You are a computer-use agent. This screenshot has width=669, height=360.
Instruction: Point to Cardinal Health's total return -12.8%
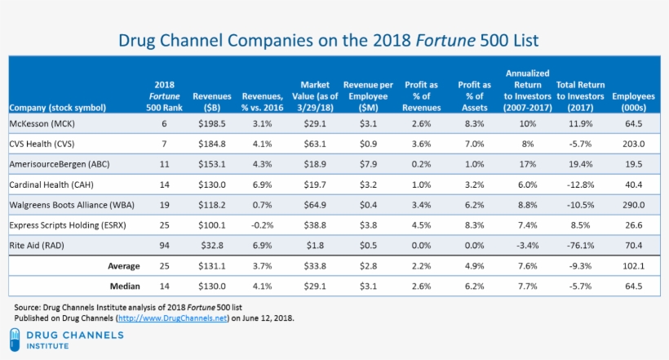click(578, 184)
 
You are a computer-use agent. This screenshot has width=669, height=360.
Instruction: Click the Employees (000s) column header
click(633, 101)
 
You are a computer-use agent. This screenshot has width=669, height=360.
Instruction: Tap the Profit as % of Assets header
click(474, 96)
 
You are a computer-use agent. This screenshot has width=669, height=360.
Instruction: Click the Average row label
click(123, 265)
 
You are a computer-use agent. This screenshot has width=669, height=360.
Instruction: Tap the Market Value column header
click(314, 96)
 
